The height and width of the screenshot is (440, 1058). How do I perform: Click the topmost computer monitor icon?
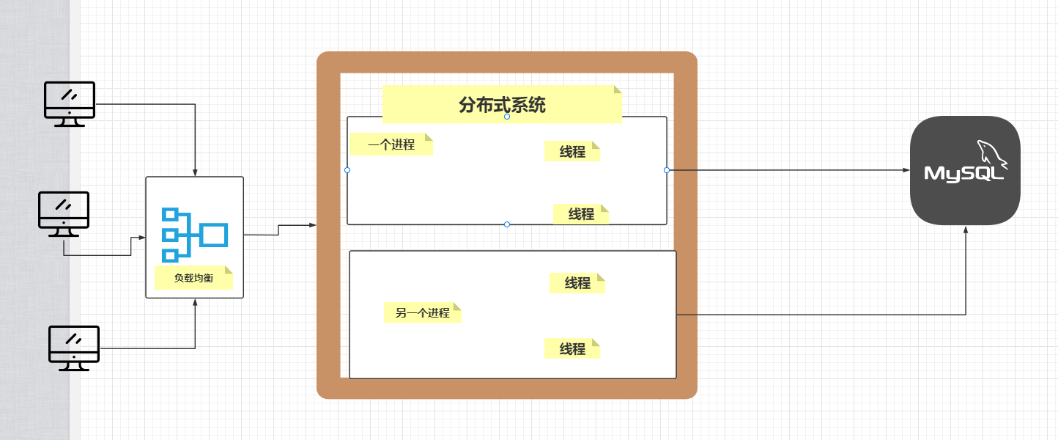coord(70,103)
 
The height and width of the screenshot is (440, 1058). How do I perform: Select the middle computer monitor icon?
coord(64,213)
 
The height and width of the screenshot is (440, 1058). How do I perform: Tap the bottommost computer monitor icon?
coord(73,348)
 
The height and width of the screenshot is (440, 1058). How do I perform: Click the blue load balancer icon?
coord(194,235)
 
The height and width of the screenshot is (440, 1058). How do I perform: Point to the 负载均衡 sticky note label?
coord(193,278)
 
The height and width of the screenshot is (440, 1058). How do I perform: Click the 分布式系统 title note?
coord(502,105)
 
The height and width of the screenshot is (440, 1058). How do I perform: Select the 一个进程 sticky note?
coord(391,144)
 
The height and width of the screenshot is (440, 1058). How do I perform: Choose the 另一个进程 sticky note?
coord(423,312)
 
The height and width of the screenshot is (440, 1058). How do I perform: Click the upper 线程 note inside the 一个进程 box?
coord(572,151)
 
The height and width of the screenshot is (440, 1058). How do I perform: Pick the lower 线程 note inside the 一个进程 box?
coord(581,214)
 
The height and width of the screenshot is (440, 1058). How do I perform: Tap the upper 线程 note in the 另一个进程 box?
coord(577,283)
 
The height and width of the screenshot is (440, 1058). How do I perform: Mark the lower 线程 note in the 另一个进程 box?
coord(572,349)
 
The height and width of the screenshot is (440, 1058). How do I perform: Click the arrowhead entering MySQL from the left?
coord(906,170)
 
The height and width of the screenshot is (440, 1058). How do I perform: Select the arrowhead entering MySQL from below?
coord(966,230)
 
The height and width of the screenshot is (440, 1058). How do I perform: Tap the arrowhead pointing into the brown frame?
coord(313,225)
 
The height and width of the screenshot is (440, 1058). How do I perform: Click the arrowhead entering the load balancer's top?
coord(195,172)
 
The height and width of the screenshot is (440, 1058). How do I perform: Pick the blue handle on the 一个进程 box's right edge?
coord(667,170)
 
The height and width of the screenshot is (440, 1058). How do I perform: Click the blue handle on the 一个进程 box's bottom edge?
coord(507,224)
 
